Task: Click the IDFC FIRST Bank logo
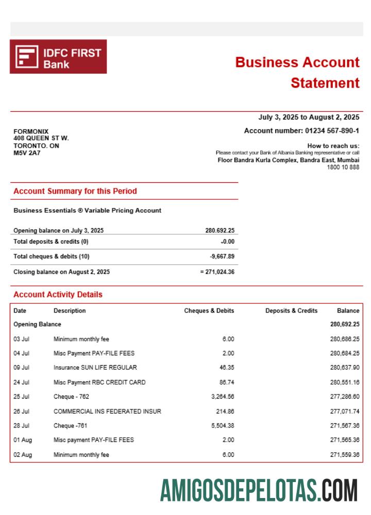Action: [58, 57]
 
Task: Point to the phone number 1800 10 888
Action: [343, 167]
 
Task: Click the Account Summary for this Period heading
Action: [75, 191]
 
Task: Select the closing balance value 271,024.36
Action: [219, 272]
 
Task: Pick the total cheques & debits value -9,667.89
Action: [222, 256]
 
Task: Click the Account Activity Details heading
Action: [58, 295]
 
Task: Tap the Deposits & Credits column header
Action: [291, 311]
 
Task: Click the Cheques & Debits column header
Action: [209, 311]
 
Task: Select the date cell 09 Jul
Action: [21, 368]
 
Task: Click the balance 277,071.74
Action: [344, 411]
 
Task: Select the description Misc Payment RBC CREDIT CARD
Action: [99, 382]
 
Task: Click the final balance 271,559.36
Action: [344, 455]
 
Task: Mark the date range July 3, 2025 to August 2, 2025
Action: [309, 117]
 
